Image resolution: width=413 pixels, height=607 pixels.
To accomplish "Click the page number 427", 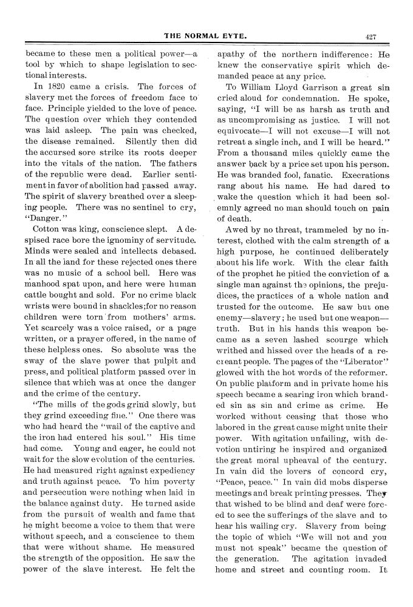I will click(372, 37).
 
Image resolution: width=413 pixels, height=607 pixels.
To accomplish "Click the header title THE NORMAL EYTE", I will click(206, 37).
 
